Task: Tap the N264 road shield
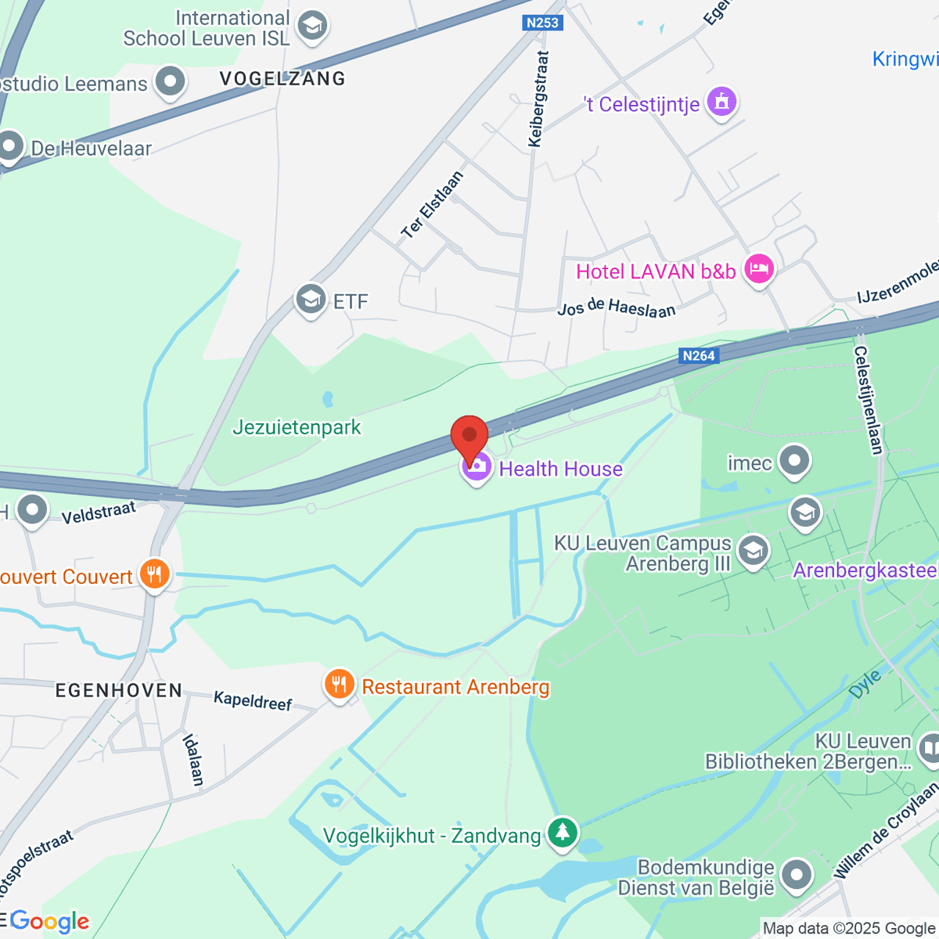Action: pyautogui.click(x=698, y=356)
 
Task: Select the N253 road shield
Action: pyautogui.click(x=542, y=23)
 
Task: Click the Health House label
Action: pyautogui.click(x=560, y=469)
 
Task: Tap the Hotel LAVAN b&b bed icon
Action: pyautogui.click(x=758, y=270)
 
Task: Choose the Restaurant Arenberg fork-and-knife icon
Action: pyautogui.click(x=339, y=685)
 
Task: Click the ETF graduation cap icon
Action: pyautogui.click(x=311, y=300)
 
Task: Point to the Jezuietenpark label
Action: pyautogui.click(x=297, y=427)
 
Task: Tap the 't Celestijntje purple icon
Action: pyautogui.click(x=721, y=102)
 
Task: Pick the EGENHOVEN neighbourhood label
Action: pyautogui.click(x=119, y=690)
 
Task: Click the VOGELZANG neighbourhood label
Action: pyautogui.click(x=282, y=78)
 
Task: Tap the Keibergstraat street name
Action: pyautogui.click(x=538, y=99)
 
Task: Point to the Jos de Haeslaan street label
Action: pyautogui.click(x=617, y=308)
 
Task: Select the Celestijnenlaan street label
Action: pyautogui.click(x=869, y=400)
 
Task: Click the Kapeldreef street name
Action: pyautogui.click(x=253, y=700)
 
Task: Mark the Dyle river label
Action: pyautogui.click(x=865, y=684)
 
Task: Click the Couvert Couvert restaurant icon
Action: pyautogui.click(x=155, y=575)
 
